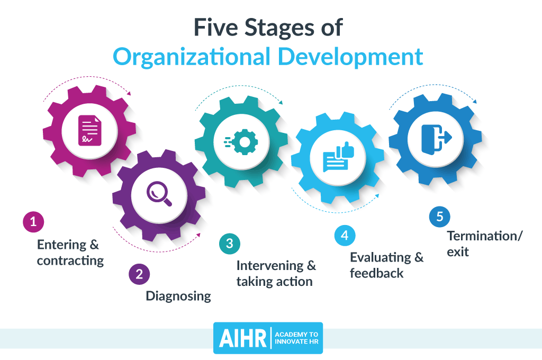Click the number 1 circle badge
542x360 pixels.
point(33,222)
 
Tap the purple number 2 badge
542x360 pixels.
point(139,274)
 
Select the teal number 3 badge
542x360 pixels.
point(230,244)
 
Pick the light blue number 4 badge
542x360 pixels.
point(345,236)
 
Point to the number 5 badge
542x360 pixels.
point(440,217)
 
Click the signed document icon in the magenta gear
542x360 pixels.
point(90,131)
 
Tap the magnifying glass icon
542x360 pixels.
point(159,194)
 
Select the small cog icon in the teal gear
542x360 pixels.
point(241,142)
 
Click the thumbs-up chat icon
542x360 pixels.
point(338,157)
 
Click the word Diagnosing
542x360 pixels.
point(178,296)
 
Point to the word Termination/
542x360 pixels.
point(485,236)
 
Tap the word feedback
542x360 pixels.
point(376,273)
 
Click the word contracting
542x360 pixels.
point(70,261)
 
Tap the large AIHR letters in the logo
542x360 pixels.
point(242,338)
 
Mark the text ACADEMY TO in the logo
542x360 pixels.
point(296,335)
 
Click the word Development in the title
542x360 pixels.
point(350,57)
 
